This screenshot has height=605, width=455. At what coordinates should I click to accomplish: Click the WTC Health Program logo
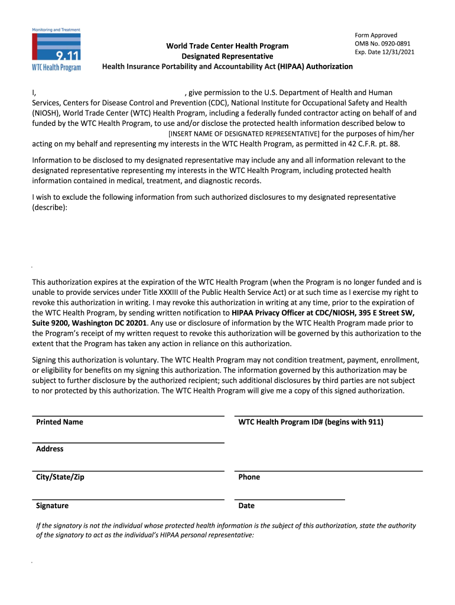tap(56, 50)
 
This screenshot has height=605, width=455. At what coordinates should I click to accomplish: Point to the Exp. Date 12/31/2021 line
tap(384, 52)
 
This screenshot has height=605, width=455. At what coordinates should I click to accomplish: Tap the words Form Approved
tap(376, 35)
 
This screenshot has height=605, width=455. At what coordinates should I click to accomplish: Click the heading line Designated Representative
tap(227, 56)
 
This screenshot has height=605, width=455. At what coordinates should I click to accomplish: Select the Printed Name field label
tap(59, 422)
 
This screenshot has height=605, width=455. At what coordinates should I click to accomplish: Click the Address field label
tap(50, 449)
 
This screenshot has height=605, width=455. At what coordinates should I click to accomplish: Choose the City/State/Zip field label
tap(60, 477)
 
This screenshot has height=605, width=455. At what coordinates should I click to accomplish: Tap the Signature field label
tap(52, 506)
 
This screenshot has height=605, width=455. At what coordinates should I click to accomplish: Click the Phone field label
tap(249, 477)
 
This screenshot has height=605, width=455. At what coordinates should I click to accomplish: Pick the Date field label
tap(246, 506)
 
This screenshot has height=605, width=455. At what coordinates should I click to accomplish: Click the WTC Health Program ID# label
tap(311, 422)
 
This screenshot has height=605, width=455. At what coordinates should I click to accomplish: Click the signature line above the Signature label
tap(128, 500)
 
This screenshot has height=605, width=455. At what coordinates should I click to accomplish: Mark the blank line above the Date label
tap(290, 500)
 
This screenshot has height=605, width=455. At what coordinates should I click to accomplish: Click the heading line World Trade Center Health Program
tap(227, 46)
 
